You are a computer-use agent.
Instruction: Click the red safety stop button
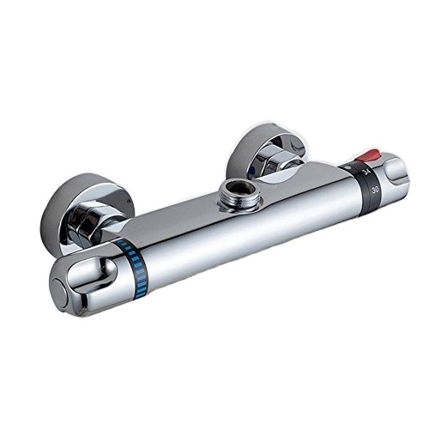[x=364, y=156]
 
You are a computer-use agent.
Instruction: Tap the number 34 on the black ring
[x=366, y=172]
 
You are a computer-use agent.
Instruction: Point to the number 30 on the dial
[x=375, y=189]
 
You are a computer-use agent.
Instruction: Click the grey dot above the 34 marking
[x=347, y=166]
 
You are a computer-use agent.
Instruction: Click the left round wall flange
[x=86, y=213]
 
